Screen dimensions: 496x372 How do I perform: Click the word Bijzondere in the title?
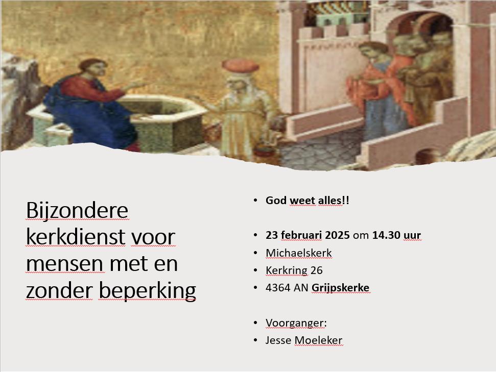tap(77, 210)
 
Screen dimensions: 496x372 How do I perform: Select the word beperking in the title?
tap(147, 291)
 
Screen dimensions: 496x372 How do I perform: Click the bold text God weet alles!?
tap(307, 201)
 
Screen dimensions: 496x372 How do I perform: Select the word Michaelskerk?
tap(299, 253)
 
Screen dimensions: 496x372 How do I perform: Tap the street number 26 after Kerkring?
tap(316, 270)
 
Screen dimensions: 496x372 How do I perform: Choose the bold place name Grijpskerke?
tap(340, 288)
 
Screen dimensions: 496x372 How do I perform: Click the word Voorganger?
tap(295, 323)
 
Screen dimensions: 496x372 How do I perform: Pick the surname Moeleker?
tap(318, 340)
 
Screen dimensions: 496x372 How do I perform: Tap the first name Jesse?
tap(278, 340)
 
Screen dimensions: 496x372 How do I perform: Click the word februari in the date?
tap(301, 235)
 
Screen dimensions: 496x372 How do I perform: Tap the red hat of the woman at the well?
tap(240, 66)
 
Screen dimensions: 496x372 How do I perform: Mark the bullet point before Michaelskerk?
tap(255, 253)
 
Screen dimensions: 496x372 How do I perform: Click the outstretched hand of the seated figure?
tap(137, 85)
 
